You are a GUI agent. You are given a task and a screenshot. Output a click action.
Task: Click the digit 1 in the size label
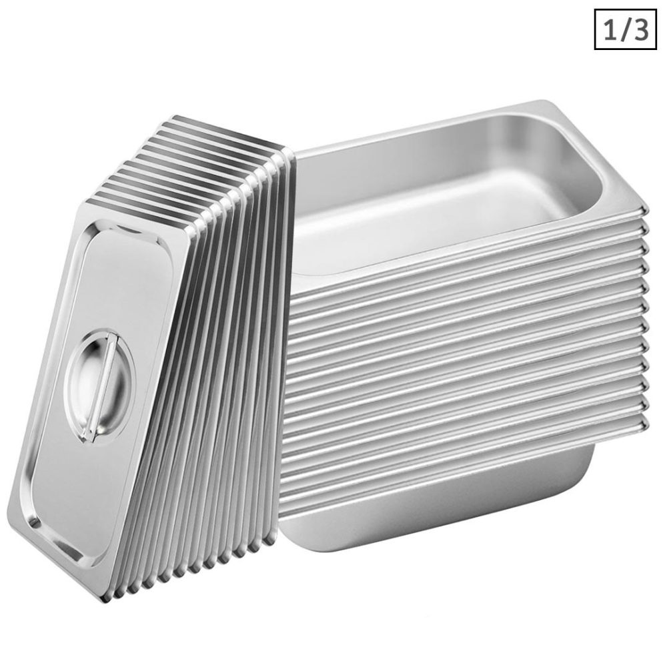[x=608, y=31]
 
